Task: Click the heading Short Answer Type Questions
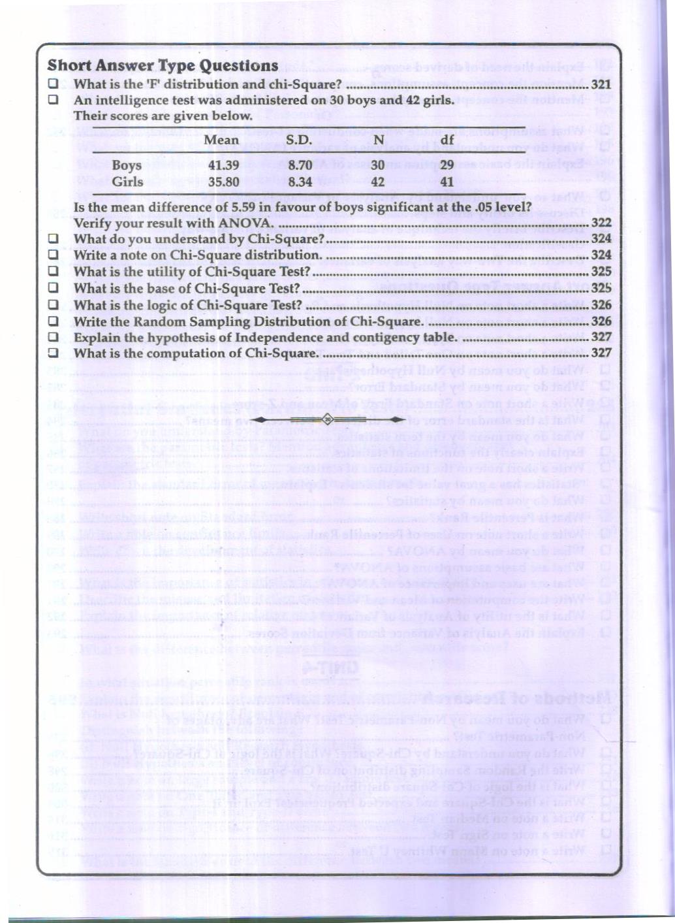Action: [x=163, y=66]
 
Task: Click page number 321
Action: [x=601, y=84]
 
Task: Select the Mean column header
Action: [x=221, y=140]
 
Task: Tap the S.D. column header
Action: [x=299, y=140]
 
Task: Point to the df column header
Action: [x=447, y=140]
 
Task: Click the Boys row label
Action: [x=127, y=166]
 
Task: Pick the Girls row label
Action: [x=127, y=182]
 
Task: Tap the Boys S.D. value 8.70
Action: [x=300, y=166]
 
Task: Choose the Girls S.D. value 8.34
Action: [x=300, y=182]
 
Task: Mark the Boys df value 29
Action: [x=447, y=166]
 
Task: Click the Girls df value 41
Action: [x=447, y=182]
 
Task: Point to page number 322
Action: [x=601, y=223]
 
